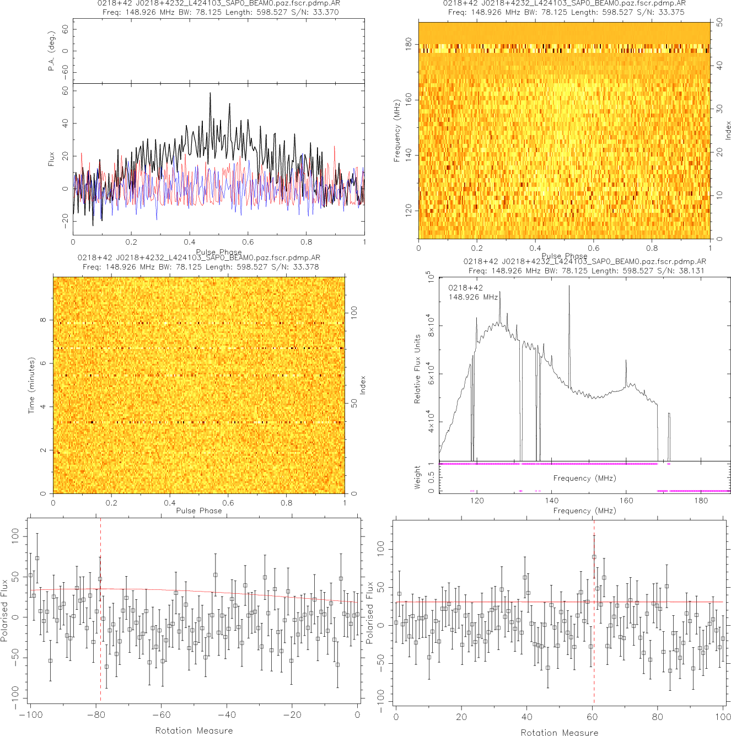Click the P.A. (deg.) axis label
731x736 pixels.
tap(51, 51)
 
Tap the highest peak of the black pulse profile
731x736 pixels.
tap(210, 94)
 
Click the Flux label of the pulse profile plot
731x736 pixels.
tap(51, 159)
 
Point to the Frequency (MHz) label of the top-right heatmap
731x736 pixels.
tap(396, 131)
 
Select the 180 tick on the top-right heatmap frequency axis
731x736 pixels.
tap(409, 44)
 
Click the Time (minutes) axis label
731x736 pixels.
tap(31, 385)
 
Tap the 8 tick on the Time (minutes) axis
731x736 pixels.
tap(44, 320)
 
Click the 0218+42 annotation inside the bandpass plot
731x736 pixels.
tap(465, 288)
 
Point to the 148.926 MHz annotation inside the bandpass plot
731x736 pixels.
tap(473, 297)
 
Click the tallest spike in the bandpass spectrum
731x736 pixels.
tap(569, 286)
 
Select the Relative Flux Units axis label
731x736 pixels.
tap(417, 369)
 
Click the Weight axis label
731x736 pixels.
tap(417, 477)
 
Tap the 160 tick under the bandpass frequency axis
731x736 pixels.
tap(626, 501)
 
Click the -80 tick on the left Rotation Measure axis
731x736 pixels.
tap(96, 715)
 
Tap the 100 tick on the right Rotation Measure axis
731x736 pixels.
tap(723, 717)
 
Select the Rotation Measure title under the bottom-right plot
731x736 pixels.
tap(559, 732)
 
